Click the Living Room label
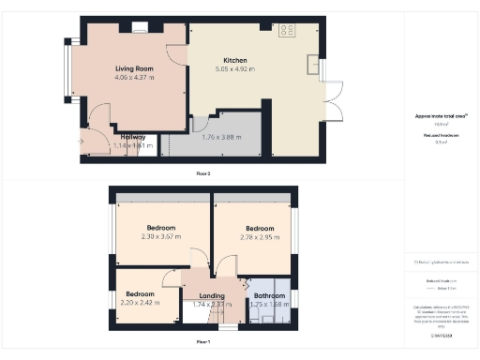click(x=134, y=69)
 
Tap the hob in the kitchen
click(x=286, y=30)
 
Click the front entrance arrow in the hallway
click(x=87, y=141)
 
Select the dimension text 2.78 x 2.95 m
click(x=259, y=237)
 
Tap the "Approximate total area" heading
click(x=440, y=115)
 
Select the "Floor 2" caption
click(x=202, y=172)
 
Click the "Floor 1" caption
click(x=202, y=342)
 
